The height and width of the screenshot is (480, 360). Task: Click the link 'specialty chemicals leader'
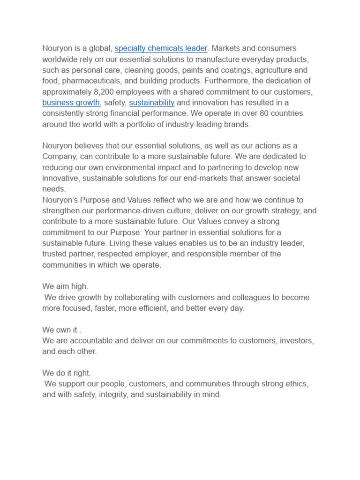[161, 48]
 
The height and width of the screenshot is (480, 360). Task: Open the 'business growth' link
[71, 103]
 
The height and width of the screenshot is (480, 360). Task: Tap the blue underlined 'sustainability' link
[152, 103]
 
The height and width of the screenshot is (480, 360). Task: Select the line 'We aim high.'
[65, 286]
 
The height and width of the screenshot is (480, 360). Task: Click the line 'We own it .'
[62, 330]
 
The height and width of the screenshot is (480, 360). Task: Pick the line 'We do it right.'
[67, 373]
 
